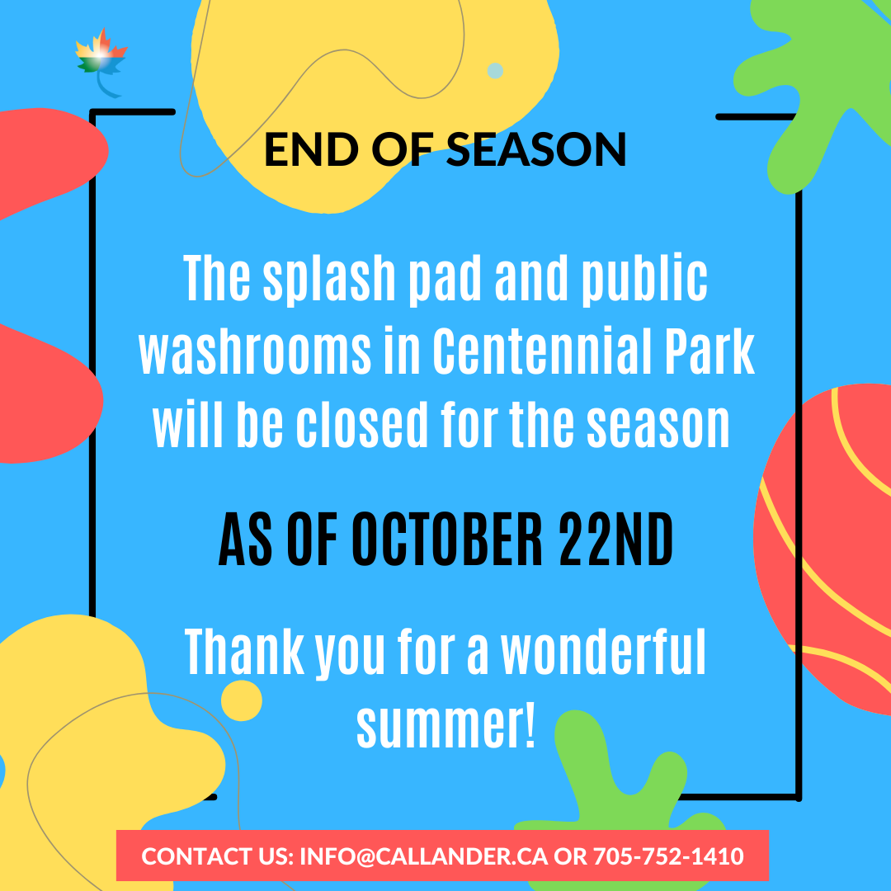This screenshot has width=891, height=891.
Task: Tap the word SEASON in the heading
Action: (536, 149)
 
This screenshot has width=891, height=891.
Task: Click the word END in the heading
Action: (311, 149)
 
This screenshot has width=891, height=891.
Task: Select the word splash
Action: (329, 280)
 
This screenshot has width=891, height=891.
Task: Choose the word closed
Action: (361, 424)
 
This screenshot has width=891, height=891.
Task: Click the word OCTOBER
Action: (447, 540)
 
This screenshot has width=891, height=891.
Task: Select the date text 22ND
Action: (616, 540)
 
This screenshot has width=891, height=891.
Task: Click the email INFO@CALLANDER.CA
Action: (424, 856)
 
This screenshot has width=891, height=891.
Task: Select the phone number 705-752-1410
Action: (668, 856)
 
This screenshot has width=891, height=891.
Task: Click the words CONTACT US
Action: (217, 856)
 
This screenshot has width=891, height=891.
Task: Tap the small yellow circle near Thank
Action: (242, 700)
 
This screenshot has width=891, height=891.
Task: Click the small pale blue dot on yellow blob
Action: (495, 70)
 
